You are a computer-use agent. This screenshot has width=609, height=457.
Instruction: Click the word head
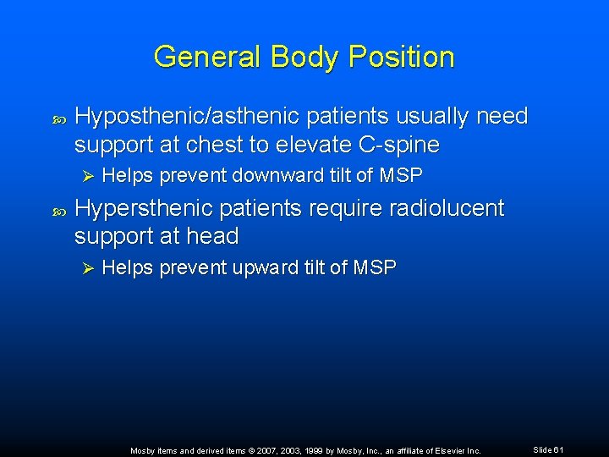(x=217, y=235)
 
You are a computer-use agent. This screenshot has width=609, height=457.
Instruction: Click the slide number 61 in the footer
(x=558, y=449)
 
